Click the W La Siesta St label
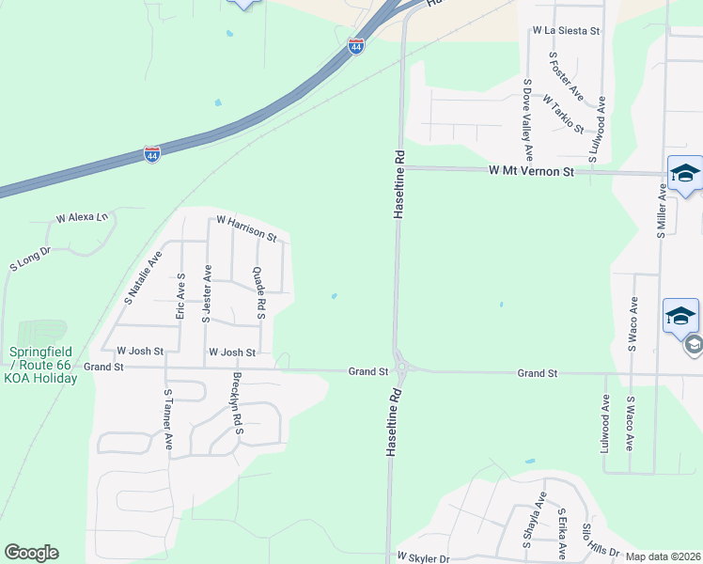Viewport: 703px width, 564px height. point(566,31)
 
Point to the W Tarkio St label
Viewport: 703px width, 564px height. point(563,114)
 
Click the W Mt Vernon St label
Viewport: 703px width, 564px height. point(531,172)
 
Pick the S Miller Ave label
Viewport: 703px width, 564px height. point(662,211)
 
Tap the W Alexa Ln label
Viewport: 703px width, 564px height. point(83,217)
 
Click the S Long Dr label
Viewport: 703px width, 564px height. point(29,259)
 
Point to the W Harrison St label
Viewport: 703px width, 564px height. point(245,228)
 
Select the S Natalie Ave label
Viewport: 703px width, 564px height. point(143,277)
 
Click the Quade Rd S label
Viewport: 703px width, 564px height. point(259,292)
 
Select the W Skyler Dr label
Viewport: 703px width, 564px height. point(423,557)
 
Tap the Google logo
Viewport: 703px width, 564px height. point(31,553)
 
